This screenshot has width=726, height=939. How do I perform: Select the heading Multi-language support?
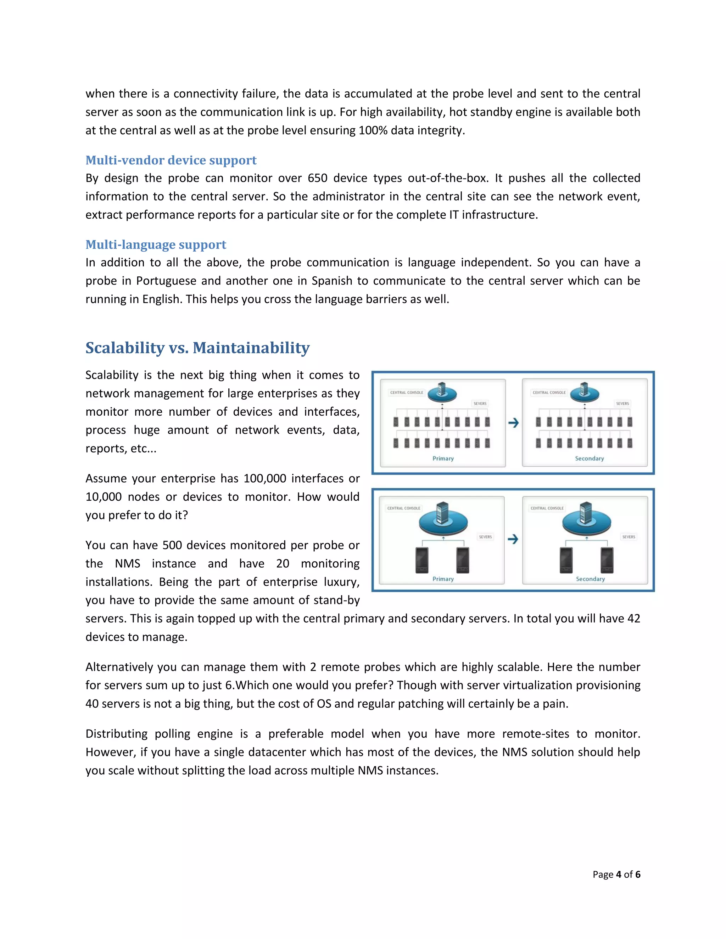coord(156,244)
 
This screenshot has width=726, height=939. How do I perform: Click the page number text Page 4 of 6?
coord(616,874)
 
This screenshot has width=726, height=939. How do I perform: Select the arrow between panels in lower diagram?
coord(513,539)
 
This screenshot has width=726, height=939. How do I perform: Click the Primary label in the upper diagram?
coord(443,458)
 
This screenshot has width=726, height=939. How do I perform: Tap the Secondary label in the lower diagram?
coord(590,579)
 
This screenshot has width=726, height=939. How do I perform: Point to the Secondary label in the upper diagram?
coord(589,458)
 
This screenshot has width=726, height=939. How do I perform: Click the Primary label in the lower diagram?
coord(443,579)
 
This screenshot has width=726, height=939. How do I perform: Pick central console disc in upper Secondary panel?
coord(585,393)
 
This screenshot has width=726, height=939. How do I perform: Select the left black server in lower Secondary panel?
coord(566,560)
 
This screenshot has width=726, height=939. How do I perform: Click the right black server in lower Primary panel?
coord(463,560)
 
